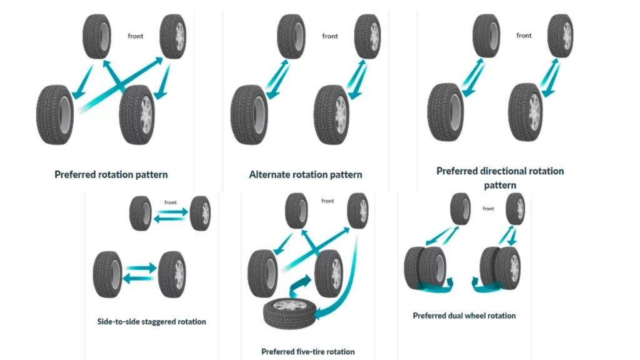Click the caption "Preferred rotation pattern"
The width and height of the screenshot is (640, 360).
(111, 174)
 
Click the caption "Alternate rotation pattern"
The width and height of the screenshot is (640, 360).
(306, 174)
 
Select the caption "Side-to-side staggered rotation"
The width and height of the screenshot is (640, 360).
(151, 322)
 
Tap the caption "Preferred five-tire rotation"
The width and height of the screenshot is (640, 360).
(308, 352)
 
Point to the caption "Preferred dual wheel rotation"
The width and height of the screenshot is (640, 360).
(464, 316)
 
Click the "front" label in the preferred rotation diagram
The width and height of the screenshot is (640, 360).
(136, 36)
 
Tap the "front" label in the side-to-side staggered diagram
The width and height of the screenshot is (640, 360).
(171, 202)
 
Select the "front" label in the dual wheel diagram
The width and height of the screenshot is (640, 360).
(488, 209)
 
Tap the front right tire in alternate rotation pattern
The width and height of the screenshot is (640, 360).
(367, 36)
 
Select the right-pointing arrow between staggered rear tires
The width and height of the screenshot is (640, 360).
(141, 267)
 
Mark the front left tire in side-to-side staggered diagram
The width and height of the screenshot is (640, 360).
(141, 213)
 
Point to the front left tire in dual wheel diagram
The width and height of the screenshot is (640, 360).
(461, 209)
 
